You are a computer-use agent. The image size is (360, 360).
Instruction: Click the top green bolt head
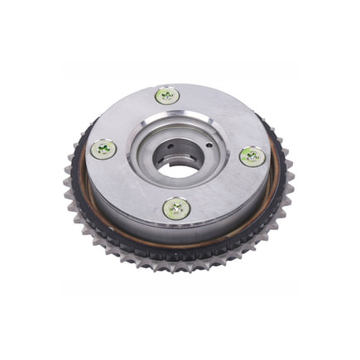(167, 95)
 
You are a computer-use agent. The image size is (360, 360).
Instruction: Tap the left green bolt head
(103, 149)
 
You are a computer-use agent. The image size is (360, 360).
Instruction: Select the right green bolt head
(252, 156)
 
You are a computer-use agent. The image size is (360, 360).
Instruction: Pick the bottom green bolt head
(176, 209)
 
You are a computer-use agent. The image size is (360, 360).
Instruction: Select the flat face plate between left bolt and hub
(124, 157)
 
